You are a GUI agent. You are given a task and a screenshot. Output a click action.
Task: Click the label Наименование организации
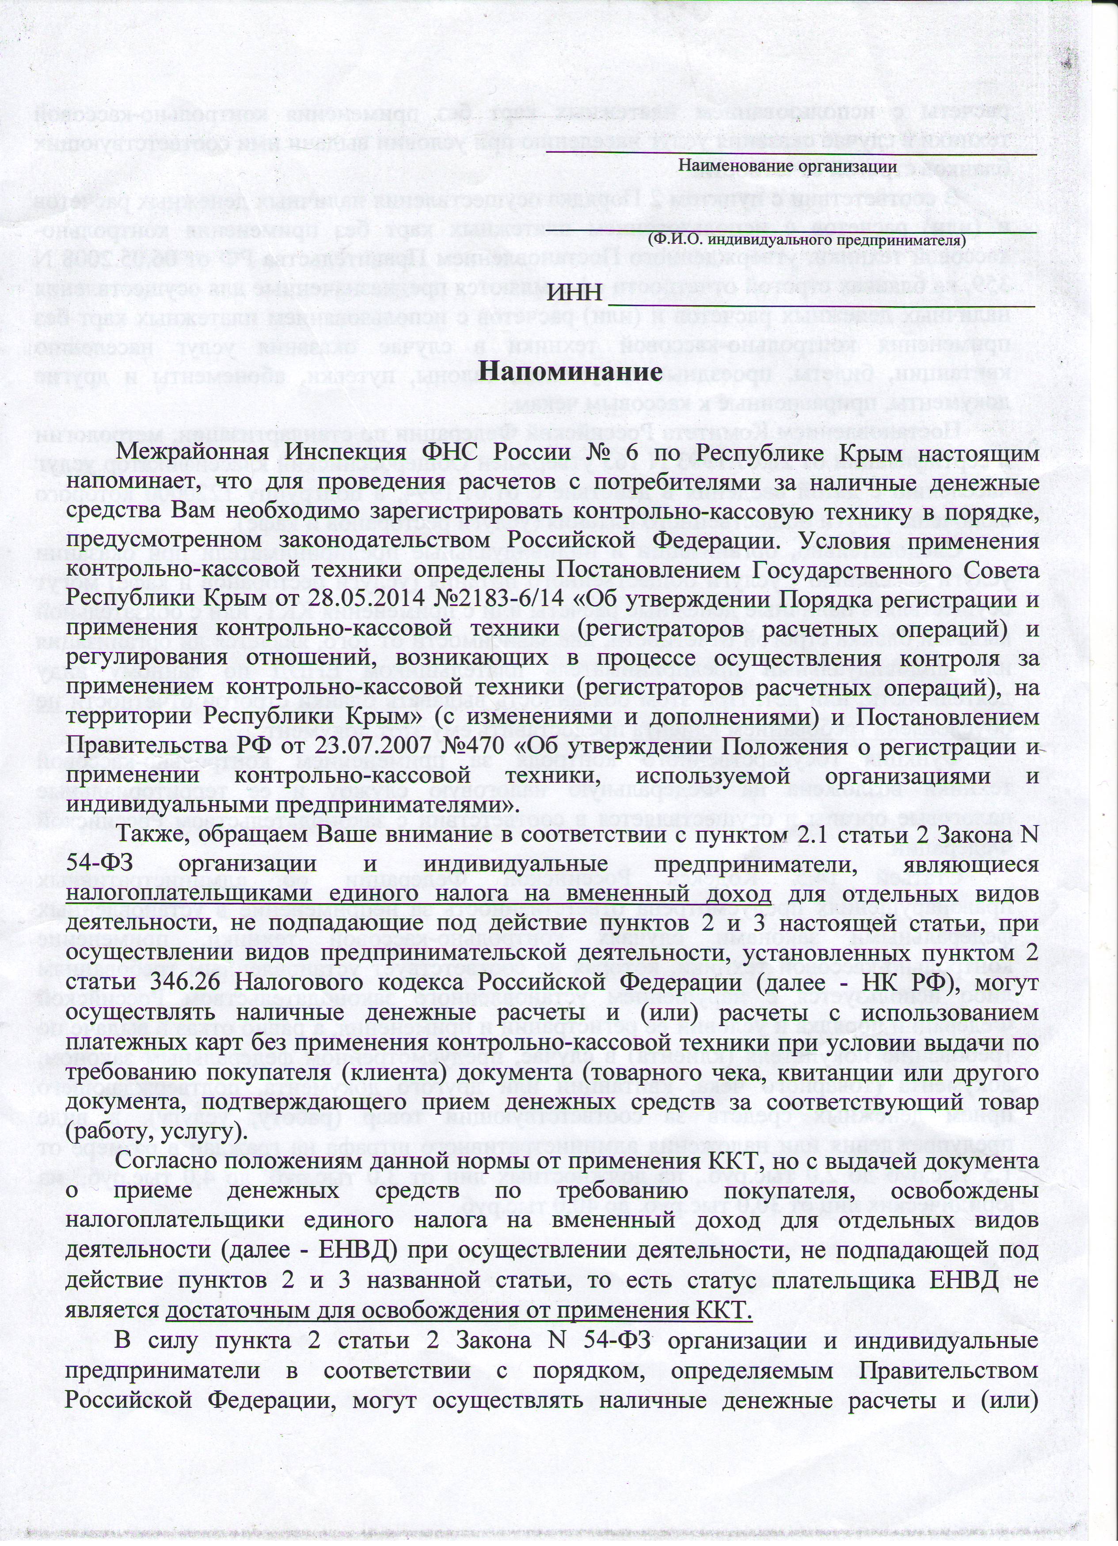tap(787, 166)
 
